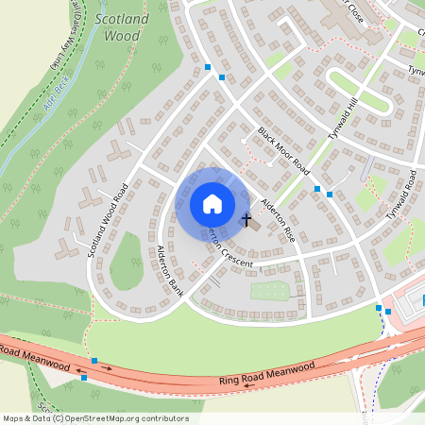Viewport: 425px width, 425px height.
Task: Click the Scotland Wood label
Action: pyautogui.click(x=118, y=27)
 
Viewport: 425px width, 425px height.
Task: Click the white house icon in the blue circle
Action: pyautogui.click(x=212, y=204)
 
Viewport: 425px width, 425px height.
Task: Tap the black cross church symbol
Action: pyautogui.click(x=247, y=220)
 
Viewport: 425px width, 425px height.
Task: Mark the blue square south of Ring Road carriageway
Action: pyautogui.click(x=84, y=378)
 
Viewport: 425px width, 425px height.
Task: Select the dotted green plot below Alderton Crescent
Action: pyautogui.click(x=268, y=291)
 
